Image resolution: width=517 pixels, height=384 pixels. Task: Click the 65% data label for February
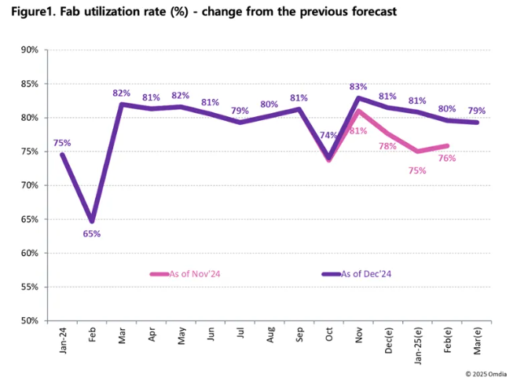click(x=93, y=234)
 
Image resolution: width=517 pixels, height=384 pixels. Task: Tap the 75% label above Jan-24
click(x=62, y=143)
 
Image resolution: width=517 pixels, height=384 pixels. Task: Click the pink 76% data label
click(x=448, y=158)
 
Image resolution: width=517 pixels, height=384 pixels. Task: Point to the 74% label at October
click(x=328, y=135)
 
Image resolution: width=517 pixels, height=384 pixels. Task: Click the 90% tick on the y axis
click(x=30, y=49)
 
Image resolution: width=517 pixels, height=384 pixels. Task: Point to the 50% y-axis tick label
click(x=30, y=320)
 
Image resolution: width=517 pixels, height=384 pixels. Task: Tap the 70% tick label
click(x=30, y=185)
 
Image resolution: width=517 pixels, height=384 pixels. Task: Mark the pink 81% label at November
click(x=359, y=130)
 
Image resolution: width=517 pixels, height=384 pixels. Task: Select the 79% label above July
click(x=240, y=111)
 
